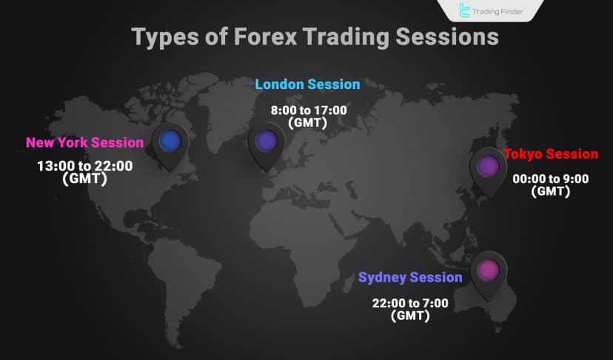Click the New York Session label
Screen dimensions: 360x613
[x=84, y=142]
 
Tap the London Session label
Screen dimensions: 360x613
[x=307, y=84]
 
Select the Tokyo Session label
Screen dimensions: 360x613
[x=551, y=154]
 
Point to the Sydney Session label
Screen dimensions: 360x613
[x=410, y=278]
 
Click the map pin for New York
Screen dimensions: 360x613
[x=170, y=141]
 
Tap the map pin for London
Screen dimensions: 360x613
[x=267, y=141]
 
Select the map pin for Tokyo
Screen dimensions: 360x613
[x=487, y=167]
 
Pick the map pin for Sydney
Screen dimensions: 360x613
[x=488, y=271]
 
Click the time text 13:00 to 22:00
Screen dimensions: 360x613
[x=85, y=166]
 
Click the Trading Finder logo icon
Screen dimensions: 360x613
[x=465, y=10]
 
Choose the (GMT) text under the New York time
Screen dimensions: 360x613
[x=85, y=179]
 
